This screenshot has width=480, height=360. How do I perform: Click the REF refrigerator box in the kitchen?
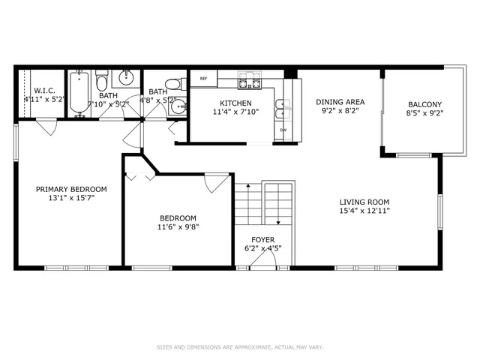click(x=203, y=78)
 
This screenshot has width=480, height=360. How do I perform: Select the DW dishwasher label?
click(x=283, y=130)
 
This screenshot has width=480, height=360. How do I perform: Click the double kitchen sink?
click(x=283, y=109)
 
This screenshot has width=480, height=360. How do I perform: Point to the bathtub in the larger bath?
click(x=79, y=94)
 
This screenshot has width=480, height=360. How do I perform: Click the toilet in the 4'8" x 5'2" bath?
click(x=172, y=83)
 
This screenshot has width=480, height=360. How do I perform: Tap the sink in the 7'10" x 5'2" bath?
click(x=125, y=77)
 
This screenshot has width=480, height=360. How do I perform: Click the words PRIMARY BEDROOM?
click(x=71, y=189)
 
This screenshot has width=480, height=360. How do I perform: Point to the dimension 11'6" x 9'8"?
click(x=178, y=226)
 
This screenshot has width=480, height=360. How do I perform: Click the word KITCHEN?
click(x=235, y=103)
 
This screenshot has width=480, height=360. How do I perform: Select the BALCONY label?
click(x=424, y=104)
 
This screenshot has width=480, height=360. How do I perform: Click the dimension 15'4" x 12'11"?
click(x=364, y=211)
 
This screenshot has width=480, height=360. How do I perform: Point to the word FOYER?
click(x=262, y=239)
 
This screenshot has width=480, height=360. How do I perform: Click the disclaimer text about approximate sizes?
click(x=240, y=347)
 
